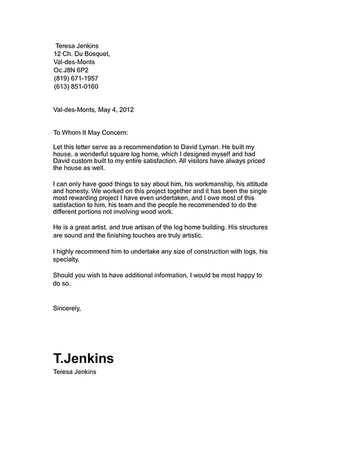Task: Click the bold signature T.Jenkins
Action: pos(83,359)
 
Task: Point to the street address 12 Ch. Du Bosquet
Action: pos(81,54)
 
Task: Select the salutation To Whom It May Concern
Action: pos(90,132)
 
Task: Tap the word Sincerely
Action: pos(67,308)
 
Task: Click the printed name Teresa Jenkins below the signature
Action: pos(74,372)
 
